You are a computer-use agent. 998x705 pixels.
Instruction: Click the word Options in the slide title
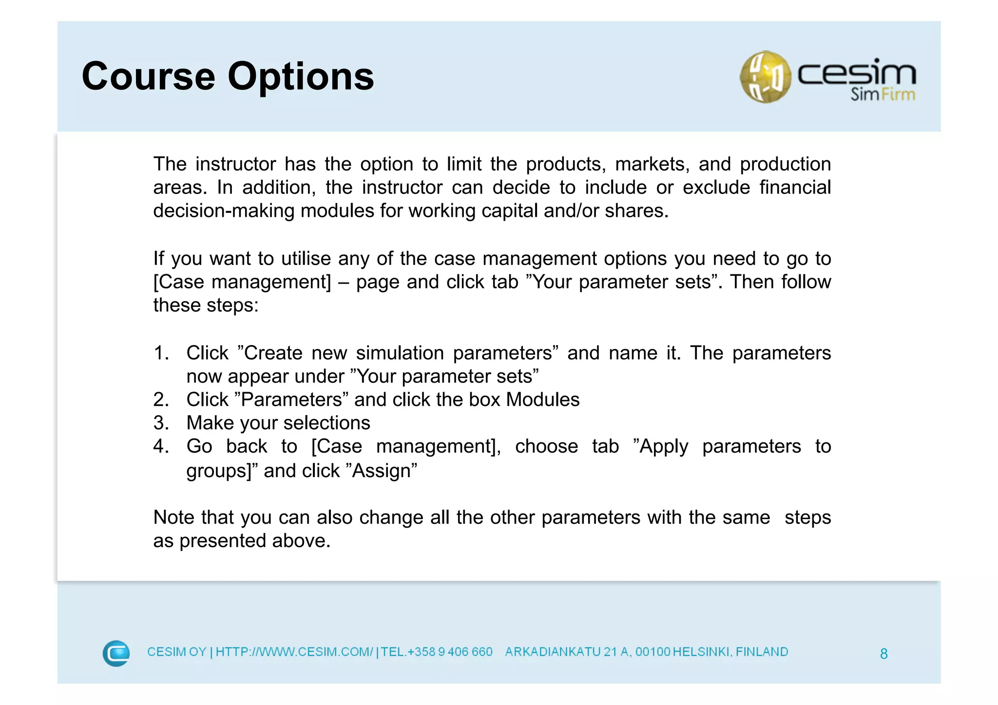[x=301, y=77]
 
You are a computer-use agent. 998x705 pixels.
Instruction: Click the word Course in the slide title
[x=148, y=77]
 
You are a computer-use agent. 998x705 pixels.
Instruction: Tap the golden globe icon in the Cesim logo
[x=765, y=77]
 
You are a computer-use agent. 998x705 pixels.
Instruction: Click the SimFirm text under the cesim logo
[x=883, y=94]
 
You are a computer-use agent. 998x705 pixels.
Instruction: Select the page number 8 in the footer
[x=883, y=654]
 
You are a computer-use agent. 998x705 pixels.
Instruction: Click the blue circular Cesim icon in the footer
[x=116, y=653]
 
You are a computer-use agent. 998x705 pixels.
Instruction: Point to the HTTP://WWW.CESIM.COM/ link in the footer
[x=294, y=652]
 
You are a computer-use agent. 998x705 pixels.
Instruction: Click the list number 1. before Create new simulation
[x=161, y=353]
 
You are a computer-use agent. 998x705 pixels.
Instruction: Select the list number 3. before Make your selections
[x=161, y=423]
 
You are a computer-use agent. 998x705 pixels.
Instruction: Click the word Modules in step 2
[x=542, y=400]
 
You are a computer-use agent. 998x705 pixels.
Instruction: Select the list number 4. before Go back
[x=161, y=446]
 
